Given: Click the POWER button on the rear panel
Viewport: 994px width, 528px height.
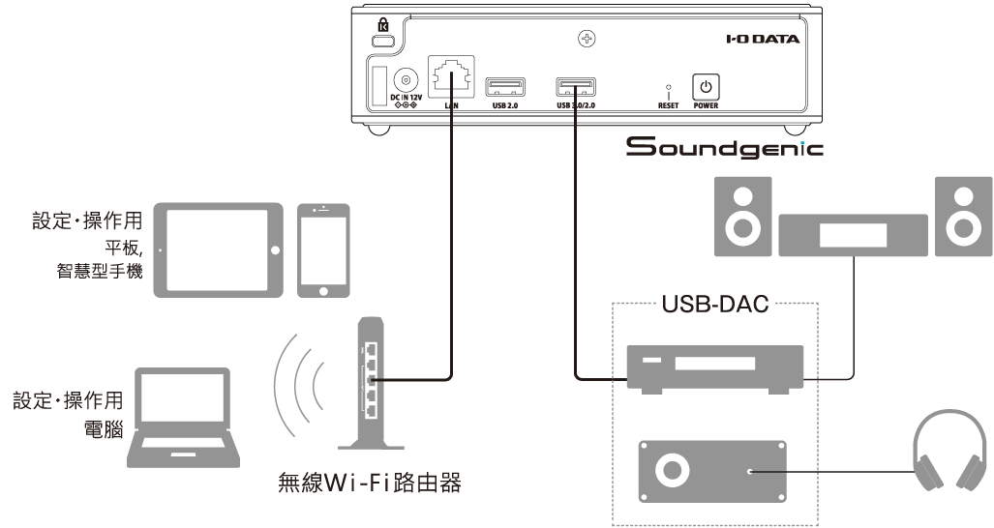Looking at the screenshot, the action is coord(706,86).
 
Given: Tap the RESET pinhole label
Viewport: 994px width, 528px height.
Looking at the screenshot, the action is coord(668,105).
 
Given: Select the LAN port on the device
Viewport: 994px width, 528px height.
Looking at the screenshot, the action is coord(451,76).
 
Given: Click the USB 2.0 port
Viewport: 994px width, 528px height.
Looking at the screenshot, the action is coord(505,87).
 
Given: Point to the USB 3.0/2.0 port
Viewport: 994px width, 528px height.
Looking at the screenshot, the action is coord(576,87).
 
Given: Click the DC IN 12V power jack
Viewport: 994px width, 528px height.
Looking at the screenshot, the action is coord(406,81).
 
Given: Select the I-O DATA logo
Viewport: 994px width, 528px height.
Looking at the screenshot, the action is coord(763,40).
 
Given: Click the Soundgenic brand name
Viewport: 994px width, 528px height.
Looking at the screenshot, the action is coord(725,146).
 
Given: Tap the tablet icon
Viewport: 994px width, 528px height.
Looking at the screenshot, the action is coord(219,250).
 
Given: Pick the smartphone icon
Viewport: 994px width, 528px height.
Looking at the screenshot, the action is coord(323,250).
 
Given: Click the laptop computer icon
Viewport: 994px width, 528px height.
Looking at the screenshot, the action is coord(184,418).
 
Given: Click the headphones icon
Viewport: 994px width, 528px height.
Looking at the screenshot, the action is coord(949,451).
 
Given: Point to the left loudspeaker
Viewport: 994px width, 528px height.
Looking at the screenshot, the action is coord(743,217).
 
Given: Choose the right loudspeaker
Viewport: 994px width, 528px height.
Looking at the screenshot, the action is coord(964,217).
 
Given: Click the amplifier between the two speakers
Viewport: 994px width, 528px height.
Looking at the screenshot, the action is coord(854,235).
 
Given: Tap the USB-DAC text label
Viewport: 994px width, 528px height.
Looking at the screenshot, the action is coord(715,304).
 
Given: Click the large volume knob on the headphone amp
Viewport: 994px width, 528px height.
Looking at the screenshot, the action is coord(673,471).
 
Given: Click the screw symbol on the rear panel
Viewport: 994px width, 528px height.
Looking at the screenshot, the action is coord(587,40).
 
